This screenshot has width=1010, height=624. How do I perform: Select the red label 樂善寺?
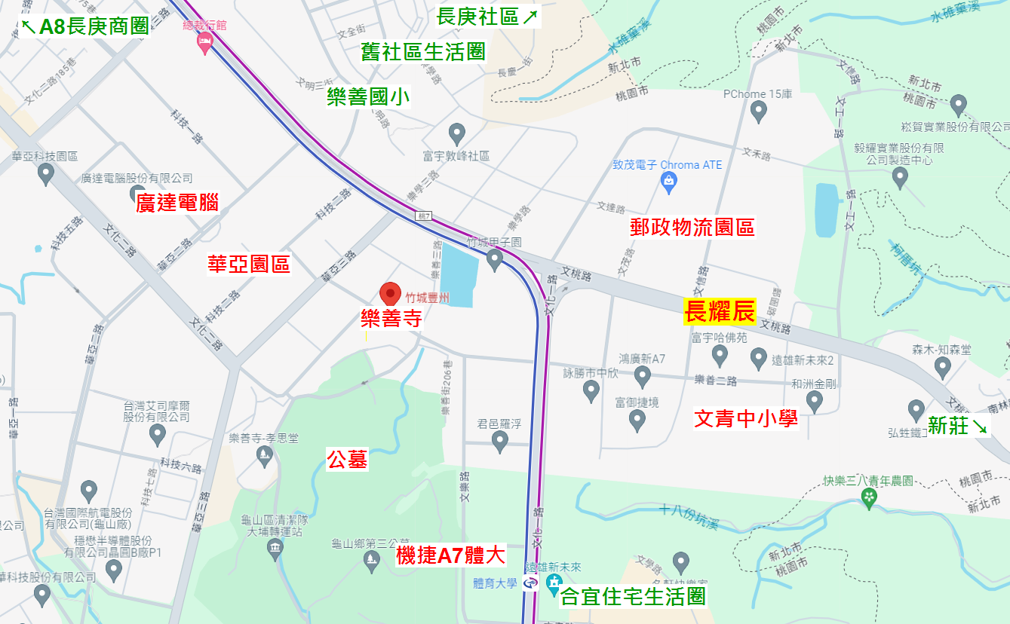[x=391, y=319]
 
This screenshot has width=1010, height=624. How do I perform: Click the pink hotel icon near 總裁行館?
[x=204, y=44]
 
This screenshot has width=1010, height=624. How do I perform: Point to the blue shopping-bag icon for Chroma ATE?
[x=668, y=179]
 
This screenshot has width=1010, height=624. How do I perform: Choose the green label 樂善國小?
[x=369, y=97]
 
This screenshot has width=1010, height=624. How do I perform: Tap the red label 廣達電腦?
[x=177, y=202]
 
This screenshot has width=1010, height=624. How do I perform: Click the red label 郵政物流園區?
[x=692, y=227]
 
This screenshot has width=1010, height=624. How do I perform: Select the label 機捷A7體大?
[x=450, y=556]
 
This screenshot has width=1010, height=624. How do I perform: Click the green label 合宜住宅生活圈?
[x=634, y=597]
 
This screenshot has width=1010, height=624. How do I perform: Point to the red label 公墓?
[x=347, y=459]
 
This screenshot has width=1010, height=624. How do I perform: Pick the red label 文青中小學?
[x=745, y=418]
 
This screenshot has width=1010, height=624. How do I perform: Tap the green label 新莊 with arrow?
[x=957, y=426]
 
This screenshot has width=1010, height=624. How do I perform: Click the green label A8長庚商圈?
[x=84, y=27]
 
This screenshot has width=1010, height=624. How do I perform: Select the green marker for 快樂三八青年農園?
[x=869, y=498]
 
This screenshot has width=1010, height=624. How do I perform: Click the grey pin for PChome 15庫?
[x=758, y=112]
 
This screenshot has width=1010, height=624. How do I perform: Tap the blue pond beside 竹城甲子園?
[x=458, y=274]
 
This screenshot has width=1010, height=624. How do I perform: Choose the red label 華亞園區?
[x=249, y=264]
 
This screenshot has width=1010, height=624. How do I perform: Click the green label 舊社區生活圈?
[x=422, y=52]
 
